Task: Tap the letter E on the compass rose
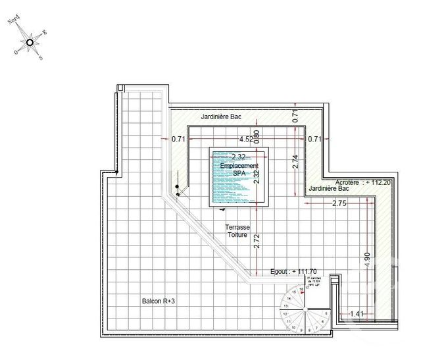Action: (x=45, y=32)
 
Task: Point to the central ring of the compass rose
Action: (x=30, y=43)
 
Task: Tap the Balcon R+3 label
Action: (x=158, y=301)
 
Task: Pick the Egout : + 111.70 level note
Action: (x=294, y=270)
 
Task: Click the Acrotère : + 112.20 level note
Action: (x=363, y=182)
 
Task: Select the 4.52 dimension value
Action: (x=245, y=139)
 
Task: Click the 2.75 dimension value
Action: (x=340, y=203)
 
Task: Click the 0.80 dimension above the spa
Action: (x=257, y=136)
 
